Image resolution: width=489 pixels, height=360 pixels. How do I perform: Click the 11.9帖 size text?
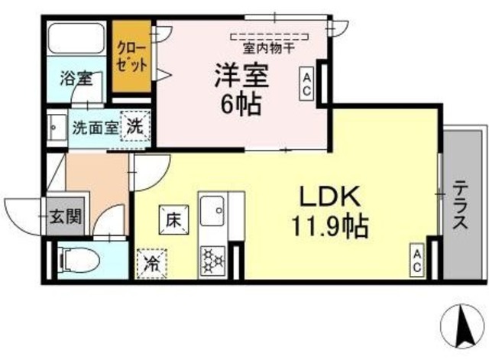(329, 225)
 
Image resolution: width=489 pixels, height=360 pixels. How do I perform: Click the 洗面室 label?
(94, 127)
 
